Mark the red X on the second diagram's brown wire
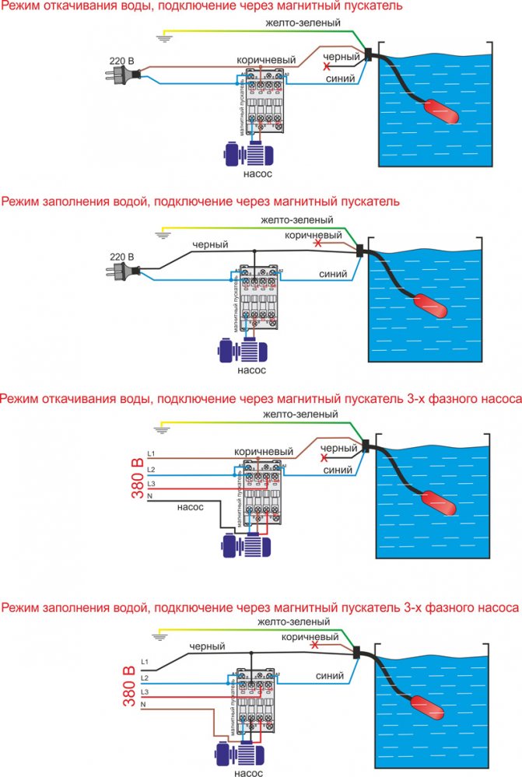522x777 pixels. [316, 244]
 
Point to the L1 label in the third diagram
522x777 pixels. [152, 453]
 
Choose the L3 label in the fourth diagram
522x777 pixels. [145, 691]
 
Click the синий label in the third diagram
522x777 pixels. [338, 470]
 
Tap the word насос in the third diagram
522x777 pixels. [190, 506]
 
